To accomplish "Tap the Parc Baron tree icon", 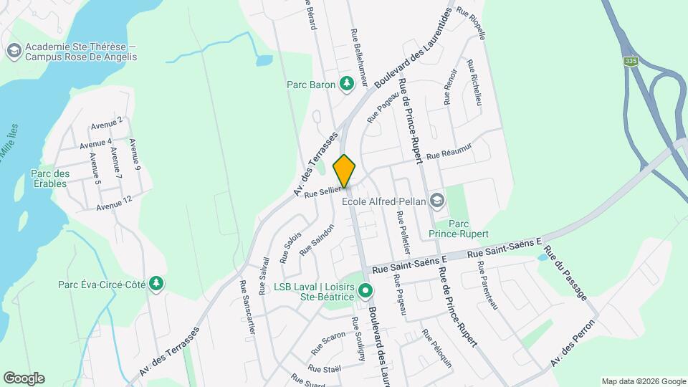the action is coord(347,85).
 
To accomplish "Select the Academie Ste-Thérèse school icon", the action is coord(13,51).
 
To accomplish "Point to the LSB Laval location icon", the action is coord(365,291).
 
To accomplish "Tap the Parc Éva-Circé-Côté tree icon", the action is coord(156,285).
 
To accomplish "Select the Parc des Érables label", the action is coord(50,178).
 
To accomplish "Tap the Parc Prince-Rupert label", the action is coord(458,229).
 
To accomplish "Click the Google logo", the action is coord(24,378).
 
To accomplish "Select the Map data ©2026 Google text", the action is coord(643,381).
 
